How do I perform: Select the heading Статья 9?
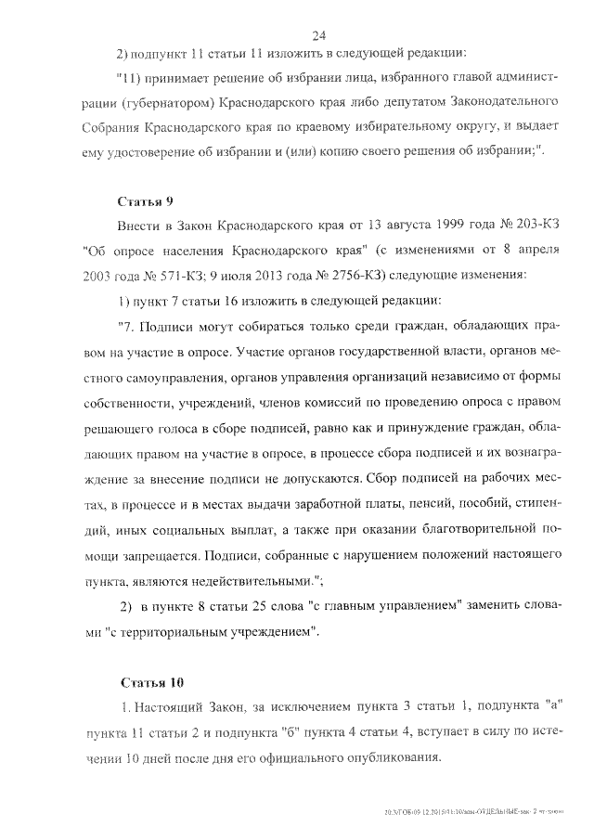pos(146,201)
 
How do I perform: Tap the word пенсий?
pos(380,508)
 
